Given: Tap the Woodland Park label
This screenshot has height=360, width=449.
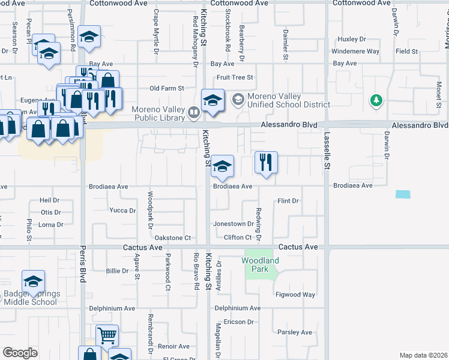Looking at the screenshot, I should tap(261, 265).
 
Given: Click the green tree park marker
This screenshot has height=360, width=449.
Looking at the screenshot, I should tap(376, 100).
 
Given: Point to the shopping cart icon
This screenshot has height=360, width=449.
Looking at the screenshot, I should tap(107, 336).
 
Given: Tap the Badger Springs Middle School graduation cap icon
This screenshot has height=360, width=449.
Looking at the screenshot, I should tap(33, 281).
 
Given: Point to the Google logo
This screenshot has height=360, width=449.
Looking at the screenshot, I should tap(20, 353).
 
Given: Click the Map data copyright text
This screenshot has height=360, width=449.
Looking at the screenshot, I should tap(423, 355).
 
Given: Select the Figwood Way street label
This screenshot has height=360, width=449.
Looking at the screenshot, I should tap(295, 295).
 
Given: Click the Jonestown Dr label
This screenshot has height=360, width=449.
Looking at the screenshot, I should tap(234, 224).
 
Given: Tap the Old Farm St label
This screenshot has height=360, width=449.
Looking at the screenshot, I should tap(166, 88).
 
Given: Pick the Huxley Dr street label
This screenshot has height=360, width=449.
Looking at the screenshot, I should tap(352, 39).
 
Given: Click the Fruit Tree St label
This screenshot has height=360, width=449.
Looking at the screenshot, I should tap(235, 77).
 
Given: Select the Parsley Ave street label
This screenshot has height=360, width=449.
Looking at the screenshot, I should tap(295, 332).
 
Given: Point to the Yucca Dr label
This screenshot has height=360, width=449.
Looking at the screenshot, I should tap(122, 211).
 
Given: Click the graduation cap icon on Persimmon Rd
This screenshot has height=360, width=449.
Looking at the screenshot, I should tap(89, 38).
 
